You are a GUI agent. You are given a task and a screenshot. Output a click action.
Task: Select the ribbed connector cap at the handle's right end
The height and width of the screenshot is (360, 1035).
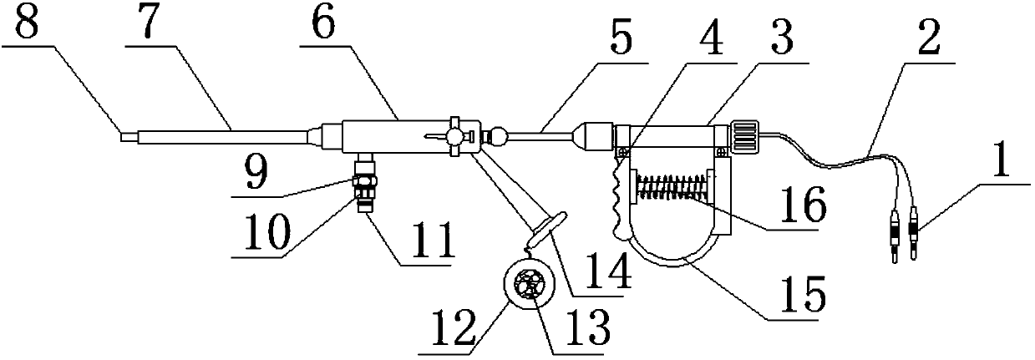click(x=745, y=136)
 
